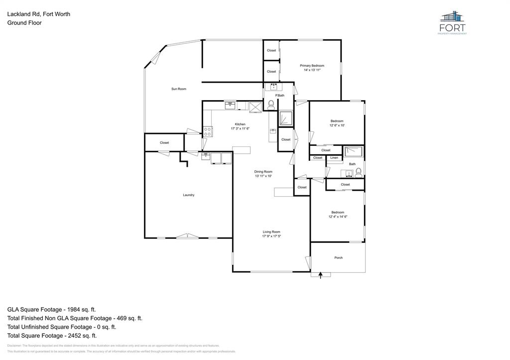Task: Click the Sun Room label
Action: click(179, 89)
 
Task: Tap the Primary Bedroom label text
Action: click(312, 66)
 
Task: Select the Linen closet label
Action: click(334, 158)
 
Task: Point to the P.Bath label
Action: click(280, 96)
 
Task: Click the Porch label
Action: click(338, 257)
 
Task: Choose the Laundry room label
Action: click(188, 195)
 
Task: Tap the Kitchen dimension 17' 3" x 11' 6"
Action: click(240, 128)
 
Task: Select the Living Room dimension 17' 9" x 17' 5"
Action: click(271, 236)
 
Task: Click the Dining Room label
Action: click(263, 171)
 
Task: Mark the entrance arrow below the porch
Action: click(321, 274)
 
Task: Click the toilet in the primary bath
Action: click(271, 105)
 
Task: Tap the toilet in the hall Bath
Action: click(358, 172)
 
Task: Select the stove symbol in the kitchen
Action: click(208, 131)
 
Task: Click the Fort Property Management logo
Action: click(452, 22)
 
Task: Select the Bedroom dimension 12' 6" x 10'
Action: click(337, 125)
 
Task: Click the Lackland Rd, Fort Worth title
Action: click(38, 14)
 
